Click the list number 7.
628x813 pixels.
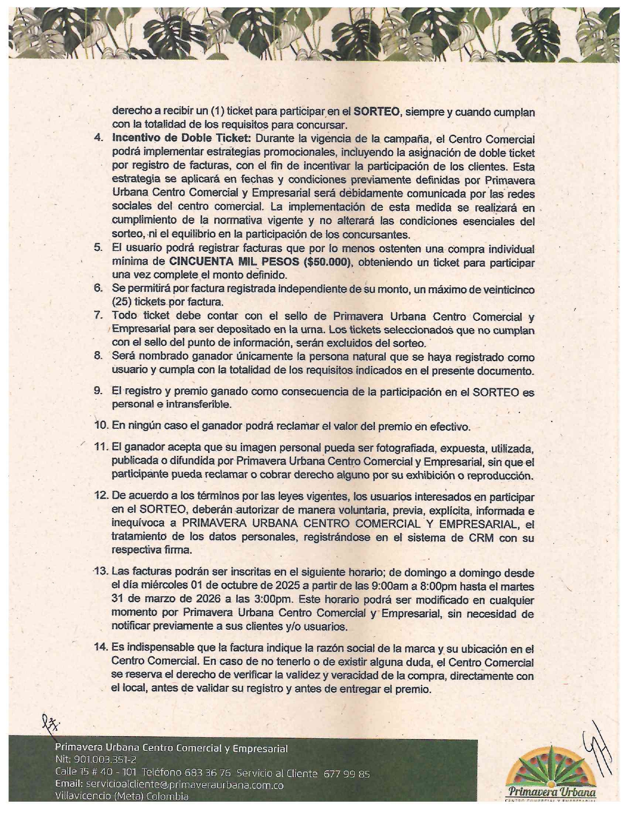coord(98,315)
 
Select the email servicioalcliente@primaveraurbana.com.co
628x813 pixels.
coord(184,784)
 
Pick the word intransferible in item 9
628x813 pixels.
coord(201,405)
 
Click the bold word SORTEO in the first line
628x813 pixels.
coord(376,111)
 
